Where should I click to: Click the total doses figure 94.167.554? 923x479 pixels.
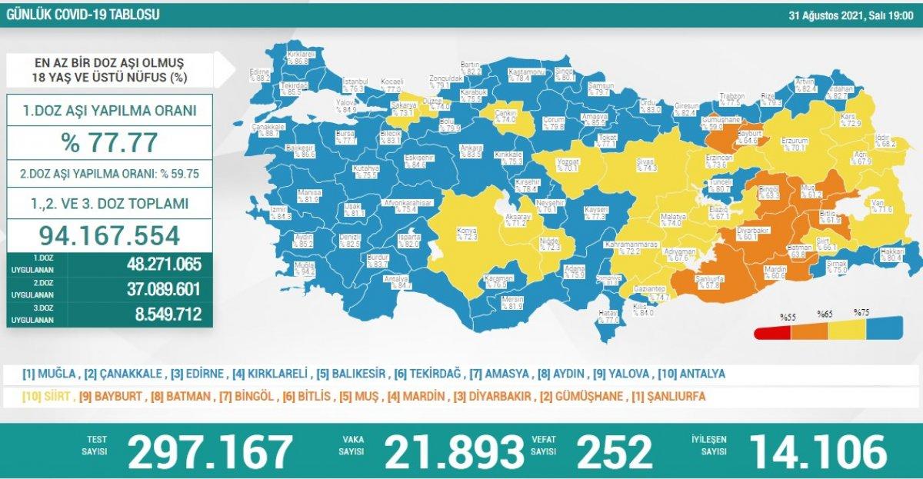pyautogui.click(x=109, y=235)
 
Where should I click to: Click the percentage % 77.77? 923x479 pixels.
pyautogui.click(x=109, y=142)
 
